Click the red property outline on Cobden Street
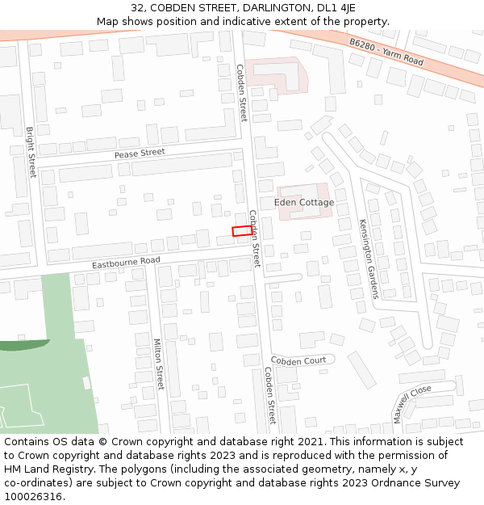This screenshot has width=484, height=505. point(241,231)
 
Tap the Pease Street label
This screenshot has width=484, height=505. point(139,153)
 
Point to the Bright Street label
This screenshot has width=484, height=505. point(31,152)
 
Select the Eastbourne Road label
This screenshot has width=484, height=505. point(126,263)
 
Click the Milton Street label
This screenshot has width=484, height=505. point(158,364)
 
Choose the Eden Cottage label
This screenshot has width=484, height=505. point(304,202)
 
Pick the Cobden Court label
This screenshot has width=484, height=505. point(298,360)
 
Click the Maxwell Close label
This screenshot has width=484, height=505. point(412,403)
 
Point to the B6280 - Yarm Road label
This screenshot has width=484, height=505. point(386,50)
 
